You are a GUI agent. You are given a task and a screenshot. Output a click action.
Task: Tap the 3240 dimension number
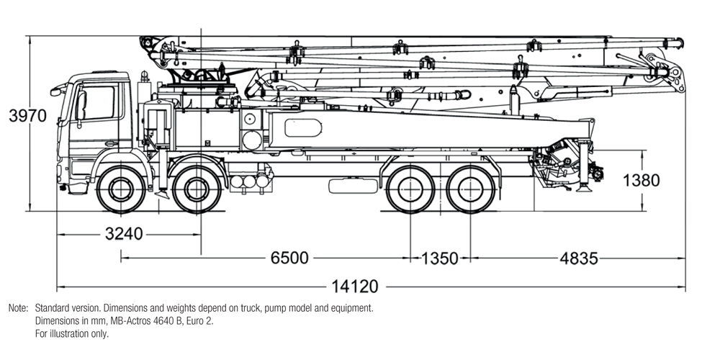click(x=124, y=234)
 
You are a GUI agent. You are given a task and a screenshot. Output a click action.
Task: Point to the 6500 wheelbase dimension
click(x=289, y=258)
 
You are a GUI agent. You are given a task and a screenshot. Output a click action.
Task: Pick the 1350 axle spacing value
click(x=440, y=258)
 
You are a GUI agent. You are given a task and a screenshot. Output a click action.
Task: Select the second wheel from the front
click(x=195, y=191)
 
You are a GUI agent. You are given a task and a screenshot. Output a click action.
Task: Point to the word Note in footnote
click(x=17, y=308)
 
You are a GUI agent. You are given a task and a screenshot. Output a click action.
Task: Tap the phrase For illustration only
click(x=72, y=334)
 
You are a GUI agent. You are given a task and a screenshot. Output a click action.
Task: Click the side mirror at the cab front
click(x=55, y=91)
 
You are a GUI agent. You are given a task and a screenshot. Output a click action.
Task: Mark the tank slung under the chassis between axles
click(x=354, y=185)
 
